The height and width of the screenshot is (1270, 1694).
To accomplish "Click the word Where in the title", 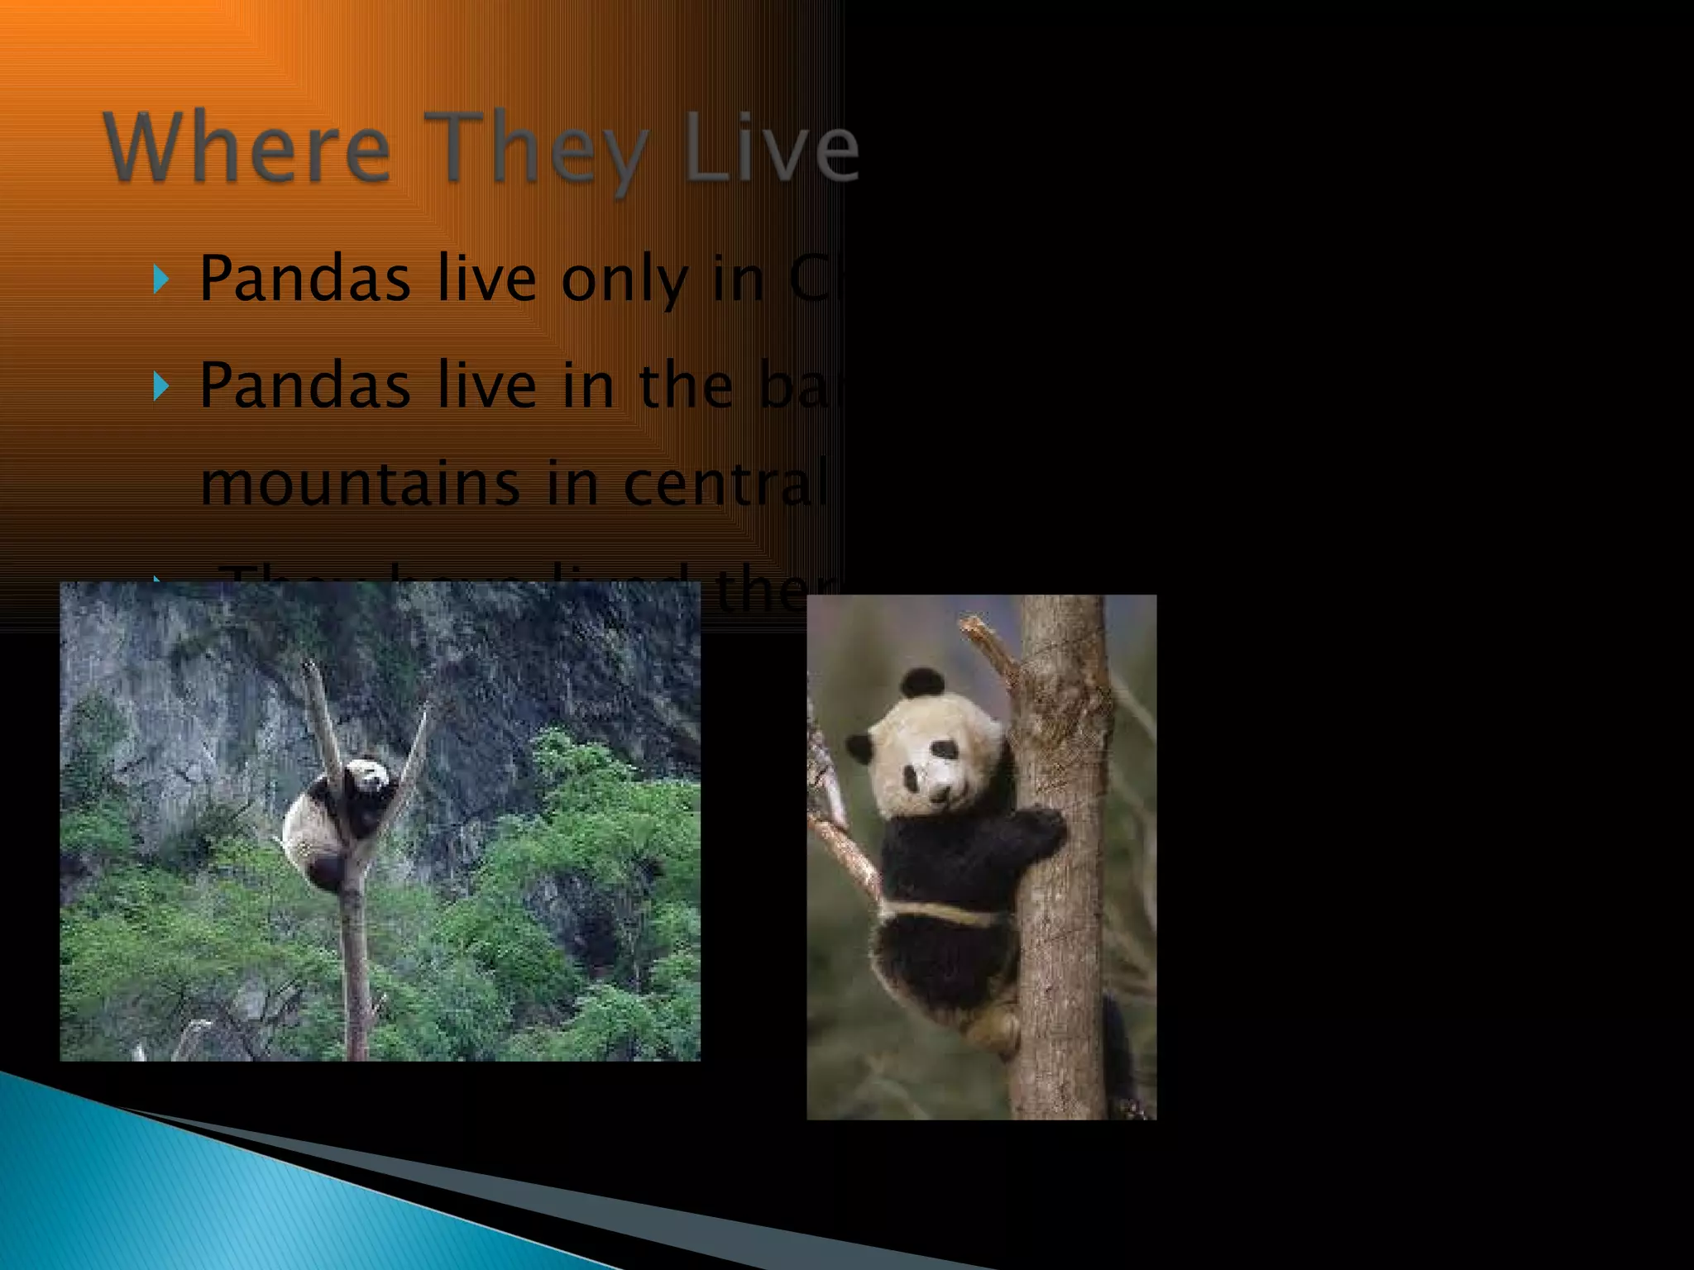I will [246, 149].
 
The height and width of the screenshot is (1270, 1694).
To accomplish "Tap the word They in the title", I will [536, 149].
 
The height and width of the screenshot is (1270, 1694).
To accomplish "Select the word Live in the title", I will [773, 149].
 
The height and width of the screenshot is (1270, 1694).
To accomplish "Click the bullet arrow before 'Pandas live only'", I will [161, 279].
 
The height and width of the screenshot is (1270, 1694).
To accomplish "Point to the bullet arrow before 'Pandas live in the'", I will [161, 385].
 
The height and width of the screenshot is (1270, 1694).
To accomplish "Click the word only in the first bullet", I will [624, 279].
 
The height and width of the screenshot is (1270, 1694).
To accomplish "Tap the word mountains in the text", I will [361, 484].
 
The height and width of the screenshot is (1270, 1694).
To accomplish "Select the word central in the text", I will [725, 484].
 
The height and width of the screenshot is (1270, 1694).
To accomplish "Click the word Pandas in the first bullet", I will [305, 279].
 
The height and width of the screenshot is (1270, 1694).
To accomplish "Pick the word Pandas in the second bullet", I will [305, 385].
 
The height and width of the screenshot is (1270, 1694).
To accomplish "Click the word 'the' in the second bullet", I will [686, 385].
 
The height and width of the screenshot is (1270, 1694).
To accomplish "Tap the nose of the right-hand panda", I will [940, 792].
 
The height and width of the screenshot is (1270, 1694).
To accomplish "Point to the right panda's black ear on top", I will [922, 682].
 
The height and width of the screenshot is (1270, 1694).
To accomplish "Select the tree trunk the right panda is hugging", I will [1063, 951].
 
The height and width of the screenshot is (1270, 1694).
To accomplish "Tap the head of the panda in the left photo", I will [368, 777].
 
